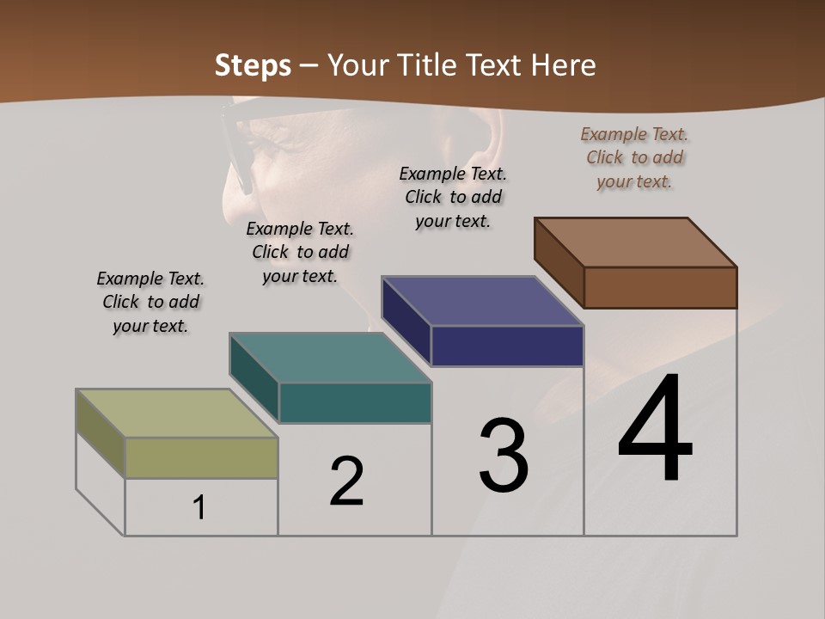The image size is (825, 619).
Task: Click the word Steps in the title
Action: (x=253, y=65)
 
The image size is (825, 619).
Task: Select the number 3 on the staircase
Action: (x=504, y=456)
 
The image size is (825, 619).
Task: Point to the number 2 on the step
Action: (x=347, y=481)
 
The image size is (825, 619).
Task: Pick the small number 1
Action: (x=199, y=507)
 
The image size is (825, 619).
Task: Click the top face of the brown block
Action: (x=636, y=242)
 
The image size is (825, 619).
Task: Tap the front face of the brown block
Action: (x=660, y=287)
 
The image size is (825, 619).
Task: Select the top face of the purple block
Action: (x=483, y=301)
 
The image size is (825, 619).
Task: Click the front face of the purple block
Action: (x=507, y=346)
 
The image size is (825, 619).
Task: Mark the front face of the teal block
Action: (x=355, y=402)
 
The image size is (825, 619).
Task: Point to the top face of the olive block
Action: (x=177, y=414)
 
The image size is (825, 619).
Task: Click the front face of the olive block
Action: (x=201, y=457)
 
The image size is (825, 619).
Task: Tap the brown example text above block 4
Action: (x=634, y=158)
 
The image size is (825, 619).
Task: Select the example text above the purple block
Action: (x=453, y=198)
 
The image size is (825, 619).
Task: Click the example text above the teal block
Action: (x=300, y=253)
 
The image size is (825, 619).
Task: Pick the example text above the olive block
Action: (x=150, y=303)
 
